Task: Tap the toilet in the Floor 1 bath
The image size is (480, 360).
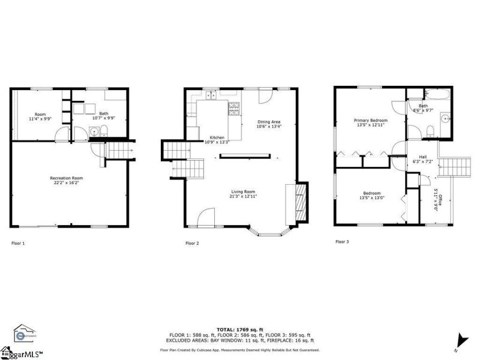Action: pos(103,131)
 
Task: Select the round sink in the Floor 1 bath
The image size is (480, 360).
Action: pos(94,131)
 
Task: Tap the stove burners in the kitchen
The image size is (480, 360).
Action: pos(233,108)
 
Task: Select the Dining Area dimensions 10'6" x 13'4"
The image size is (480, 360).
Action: pos(269,127)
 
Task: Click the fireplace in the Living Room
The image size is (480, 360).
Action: pos(302,203)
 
